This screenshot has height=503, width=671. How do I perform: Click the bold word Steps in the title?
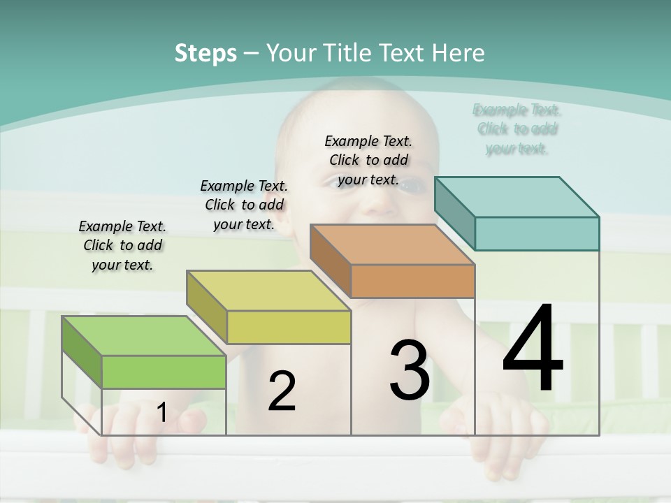pos(205,53)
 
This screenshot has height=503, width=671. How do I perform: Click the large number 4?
pos(533,349)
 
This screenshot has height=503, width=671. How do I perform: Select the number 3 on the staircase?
pos(410,370)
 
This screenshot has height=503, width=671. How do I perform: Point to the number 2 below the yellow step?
pos(282,391)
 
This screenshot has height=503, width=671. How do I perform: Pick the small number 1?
pos(161,413)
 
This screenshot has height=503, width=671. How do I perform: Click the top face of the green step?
pos(143,336)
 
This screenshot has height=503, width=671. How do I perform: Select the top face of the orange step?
pos(392,245)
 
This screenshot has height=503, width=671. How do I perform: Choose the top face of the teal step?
pos(517,197)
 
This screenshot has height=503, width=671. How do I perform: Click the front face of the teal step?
pos(537,233)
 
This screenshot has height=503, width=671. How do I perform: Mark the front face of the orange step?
pos(412,281)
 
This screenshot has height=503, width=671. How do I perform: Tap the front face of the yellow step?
pos(289,327)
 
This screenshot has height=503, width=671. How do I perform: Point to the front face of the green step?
pos(164,372)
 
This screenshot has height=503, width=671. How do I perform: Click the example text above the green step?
pos(122,245)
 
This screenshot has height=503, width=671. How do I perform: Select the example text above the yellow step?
pos(244,205)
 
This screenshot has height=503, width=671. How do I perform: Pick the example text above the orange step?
pos(368,160)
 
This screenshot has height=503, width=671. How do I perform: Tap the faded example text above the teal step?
pos(517,129)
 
